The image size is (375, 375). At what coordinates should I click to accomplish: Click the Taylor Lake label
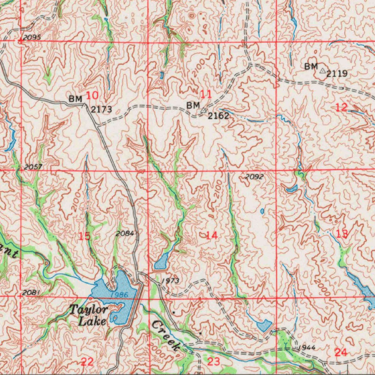click(x=89, y=315)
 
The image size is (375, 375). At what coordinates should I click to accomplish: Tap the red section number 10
click(x=92, y=96)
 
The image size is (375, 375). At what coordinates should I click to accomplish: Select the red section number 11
click(x=206, y=94)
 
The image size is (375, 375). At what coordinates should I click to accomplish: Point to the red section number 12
click(x=341, y=107)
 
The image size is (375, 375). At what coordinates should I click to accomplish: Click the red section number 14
click(x=211, y=235)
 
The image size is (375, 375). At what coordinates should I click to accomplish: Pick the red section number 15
click(x=85, y=236)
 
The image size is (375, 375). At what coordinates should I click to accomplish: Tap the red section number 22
click(x=87, y=362)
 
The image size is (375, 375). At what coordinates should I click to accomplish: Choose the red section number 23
click(x=214, y=362)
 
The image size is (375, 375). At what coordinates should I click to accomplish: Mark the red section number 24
click(x=341, y=352)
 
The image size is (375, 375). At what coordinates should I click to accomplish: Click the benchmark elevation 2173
click(x=101, y=109)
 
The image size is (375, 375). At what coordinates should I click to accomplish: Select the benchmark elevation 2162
click(x=218, y=116)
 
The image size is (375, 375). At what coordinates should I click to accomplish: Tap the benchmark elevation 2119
click(x=337, y=74)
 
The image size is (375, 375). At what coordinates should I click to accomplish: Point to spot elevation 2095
click(x=31, y=38)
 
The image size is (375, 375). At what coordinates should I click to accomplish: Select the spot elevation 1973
click(x=170, y=281)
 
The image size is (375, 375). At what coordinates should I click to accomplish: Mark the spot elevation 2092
click(x=254, y=177)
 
